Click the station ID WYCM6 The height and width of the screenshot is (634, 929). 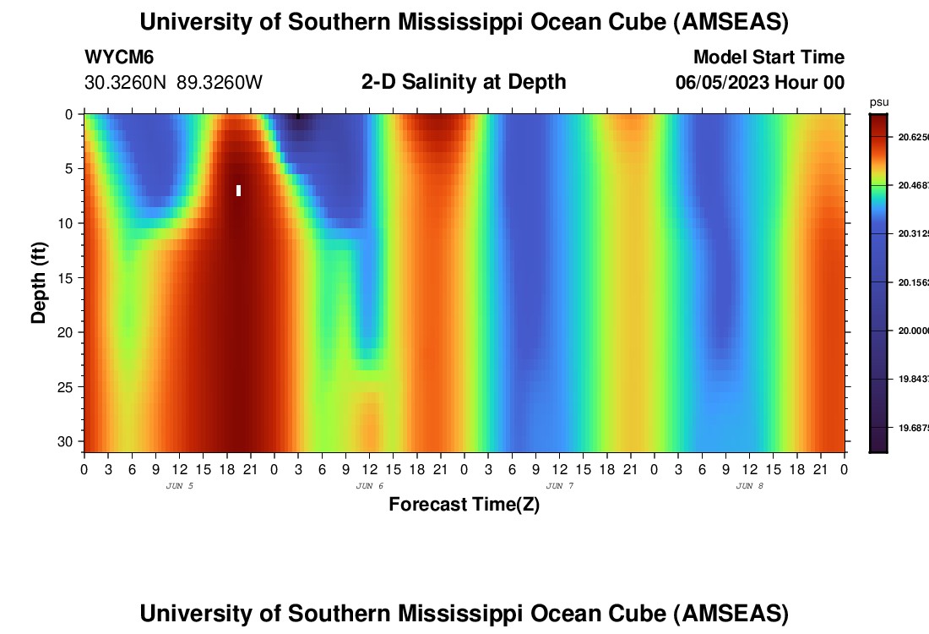[119, 57]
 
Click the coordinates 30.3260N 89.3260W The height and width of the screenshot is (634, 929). [173, 83]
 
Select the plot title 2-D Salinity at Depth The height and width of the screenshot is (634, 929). [463, 82]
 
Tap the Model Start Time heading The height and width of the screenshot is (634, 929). [769, 57]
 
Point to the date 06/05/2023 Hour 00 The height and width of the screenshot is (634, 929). [760, 83]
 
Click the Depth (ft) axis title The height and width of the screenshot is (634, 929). [39, 282]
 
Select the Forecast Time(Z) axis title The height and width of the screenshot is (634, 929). [464, 505]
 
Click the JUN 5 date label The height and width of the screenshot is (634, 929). [179, 486]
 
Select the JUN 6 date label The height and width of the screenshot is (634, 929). [369, 486]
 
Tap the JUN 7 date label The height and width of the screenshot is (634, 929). [559, 486]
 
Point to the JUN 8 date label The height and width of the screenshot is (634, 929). [749, 486]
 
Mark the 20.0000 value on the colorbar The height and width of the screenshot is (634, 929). [911, 331]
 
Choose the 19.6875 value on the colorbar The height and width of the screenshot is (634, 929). [911, 428]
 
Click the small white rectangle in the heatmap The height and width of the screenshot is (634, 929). [239, 190]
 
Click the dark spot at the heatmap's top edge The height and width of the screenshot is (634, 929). [297, 117]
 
